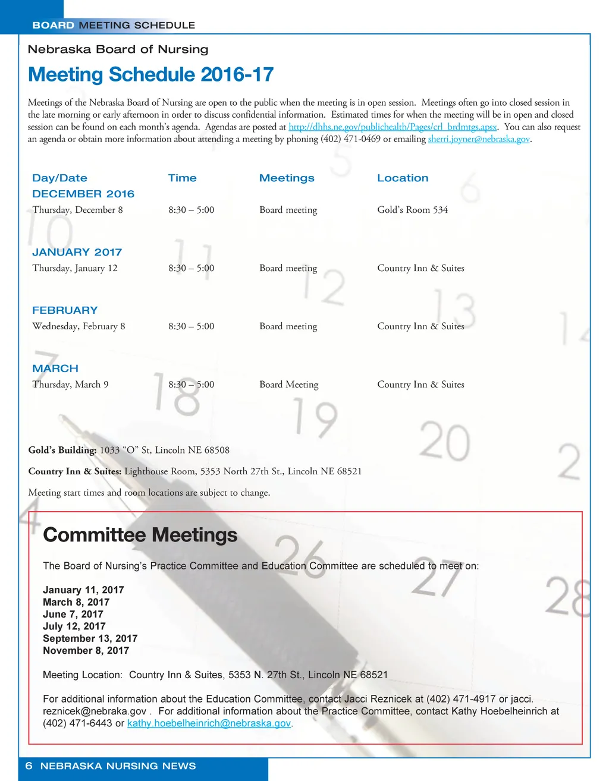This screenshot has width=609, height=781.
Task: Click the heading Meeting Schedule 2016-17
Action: [x=150, y=75]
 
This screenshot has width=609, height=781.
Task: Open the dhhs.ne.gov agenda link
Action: [x=393, y=127]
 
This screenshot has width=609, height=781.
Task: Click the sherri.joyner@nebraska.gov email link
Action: [x=478, y=139]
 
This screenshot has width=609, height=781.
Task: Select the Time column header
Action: [x=182, y=178]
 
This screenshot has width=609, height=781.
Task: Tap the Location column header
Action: [x=403, y=178]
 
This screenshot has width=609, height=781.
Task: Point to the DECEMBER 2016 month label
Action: [x=83, y=194]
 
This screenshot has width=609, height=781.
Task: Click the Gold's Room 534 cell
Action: [x=412, y=210]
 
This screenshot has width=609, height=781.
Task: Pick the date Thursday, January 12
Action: [x=75, y=268]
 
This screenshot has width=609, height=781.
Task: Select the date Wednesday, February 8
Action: [x=79, y=326]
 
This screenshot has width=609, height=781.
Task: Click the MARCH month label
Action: [x=55, y=369]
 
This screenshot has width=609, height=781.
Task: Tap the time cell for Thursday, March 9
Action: [x=191, y=385]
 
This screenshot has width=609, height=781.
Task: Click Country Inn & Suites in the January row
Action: [x=420, y=268]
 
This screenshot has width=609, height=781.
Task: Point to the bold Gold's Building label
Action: [x=62, y=451]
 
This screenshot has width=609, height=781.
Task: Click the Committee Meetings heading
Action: [x=140, y=535]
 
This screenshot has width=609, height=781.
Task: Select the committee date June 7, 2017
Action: [x=73, y=615]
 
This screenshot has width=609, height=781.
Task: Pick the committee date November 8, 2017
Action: [x=86, y=651]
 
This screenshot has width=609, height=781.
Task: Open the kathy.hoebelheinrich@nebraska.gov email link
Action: [x=209, y=723]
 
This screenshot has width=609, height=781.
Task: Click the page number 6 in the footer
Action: [x=29, y=766]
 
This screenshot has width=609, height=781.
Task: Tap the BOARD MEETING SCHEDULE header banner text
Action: [x=114, y=26]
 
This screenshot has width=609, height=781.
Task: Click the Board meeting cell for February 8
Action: [x=288, y=326]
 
